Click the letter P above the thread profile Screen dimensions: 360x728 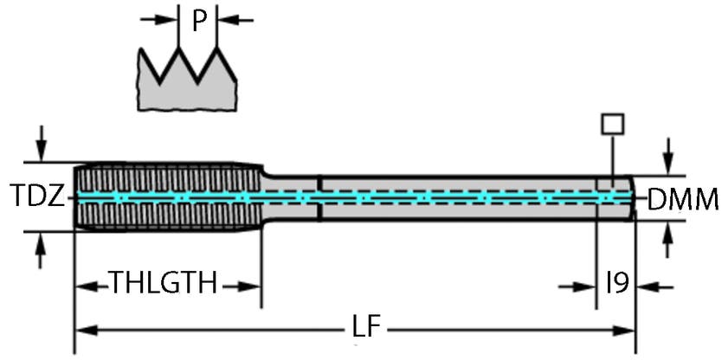point(199,20)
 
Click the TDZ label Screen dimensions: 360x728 point(36,198)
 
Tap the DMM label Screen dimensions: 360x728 point(684,201)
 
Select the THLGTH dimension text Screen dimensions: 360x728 point(162,283)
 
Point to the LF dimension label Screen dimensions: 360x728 point(364,329)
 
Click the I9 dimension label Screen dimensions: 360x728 point(616,283)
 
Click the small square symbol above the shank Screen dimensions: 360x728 point(612,124)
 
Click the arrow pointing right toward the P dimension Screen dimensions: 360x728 point(161,19)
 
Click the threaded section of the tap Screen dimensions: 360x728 point(164,197)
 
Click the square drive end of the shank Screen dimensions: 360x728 point(615,197)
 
